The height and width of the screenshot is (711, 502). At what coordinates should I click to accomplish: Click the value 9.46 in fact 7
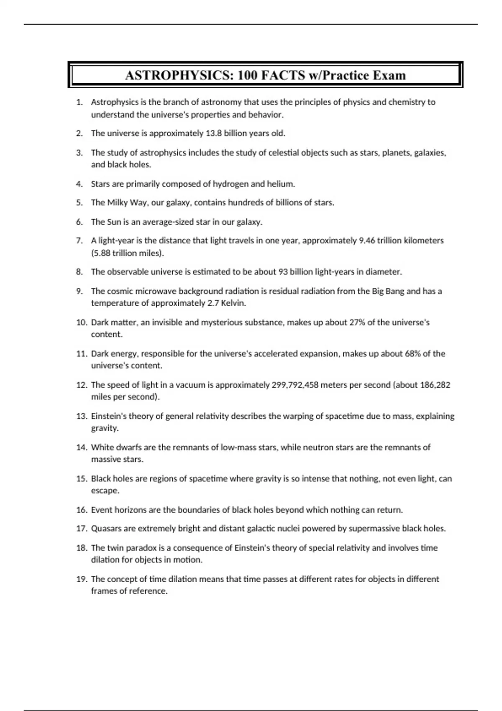367,240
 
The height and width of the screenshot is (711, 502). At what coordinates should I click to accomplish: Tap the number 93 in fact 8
283,272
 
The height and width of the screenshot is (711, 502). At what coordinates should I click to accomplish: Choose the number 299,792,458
295,385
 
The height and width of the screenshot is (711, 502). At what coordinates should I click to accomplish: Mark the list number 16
81,510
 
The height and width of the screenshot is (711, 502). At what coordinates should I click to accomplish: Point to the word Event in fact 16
102,510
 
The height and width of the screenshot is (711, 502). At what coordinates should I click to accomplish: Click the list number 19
81,579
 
